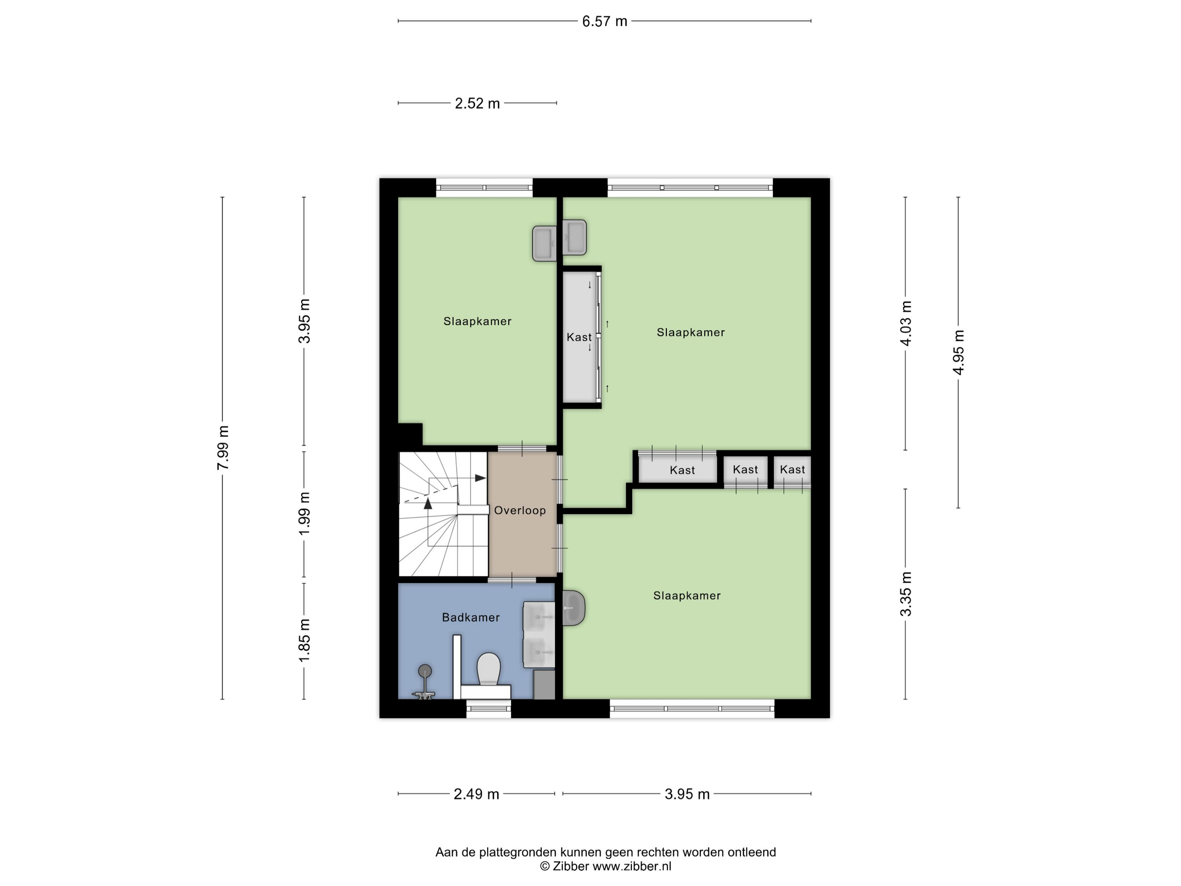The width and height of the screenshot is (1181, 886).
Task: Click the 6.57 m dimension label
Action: click(x=604, y=22)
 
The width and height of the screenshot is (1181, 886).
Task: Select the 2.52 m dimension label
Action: click(x=477, y=103)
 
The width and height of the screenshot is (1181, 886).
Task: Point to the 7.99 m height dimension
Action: click(x=223, y=448)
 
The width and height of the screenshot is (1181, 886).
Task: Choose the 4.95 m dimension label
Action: click(x=959, y=352)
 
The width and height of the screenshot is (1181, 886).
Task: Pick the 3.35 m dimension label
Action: click(x=906, y=594)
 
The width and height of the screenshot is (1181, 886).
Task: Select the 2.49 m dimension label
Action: click(x=476, y=794)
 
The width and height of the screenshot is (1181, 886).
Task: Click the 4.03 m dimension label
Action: click(x=906, y=323)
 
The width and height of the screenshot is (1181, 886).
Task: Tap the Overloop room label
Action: click(x=520, y=511)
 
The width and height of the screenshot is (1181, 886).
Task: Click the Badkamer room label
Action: click(x=471, y=617)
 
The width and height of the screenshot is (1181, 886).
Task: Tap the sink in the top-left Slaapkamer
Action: click(x=545, y=243)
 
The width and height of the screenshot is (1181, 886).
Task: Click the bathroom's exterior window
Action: click(x=488, y=709)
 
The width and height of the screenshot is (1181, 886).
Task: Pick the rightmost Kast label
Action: click(x=792, y=470)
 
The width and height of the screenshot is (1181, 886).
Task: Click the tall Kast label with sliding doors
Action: click(x=579, y=337)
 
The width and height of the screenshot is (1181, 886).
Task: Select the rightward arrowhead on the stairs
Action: click(x=480, y=478)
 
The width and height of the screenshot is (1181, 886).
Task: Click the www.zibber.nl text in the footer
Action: click(x=632, y=866)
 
